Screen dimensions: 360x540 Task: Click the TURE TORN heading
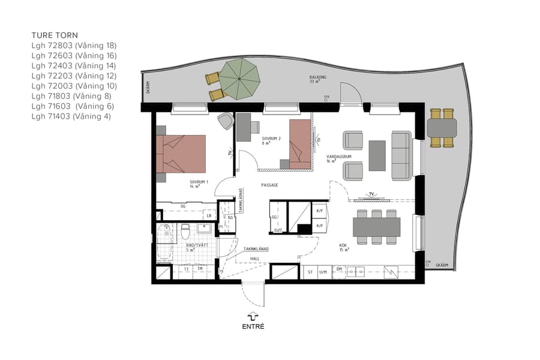(55, 35)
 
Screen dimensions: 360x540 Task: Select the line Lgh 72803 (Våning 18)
(74, 46)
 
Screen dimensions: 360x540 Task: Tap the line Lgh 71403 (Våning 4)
(71, 116)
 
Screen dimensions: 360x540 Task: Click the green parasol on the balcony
(239, 80)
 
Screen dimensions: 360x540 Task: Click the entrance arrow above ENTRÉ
(253, 316)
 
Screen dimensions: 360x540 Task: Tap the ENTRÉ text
(253, 327)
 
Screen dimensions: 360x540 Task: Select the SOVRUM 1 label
(199, 183)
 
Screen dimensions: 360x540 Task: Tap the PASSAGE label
(269, 185)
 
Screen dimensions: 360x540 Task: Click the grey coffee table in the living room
(377, 155)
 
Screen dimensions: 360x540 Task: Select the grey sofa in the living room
(400, 155)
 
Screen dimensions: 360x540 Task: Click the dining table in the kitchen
(376, 227)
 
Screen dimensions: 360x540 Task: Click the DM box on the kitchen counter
(339, 269)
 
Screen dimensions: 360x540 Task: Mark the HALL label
(255, 259)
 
